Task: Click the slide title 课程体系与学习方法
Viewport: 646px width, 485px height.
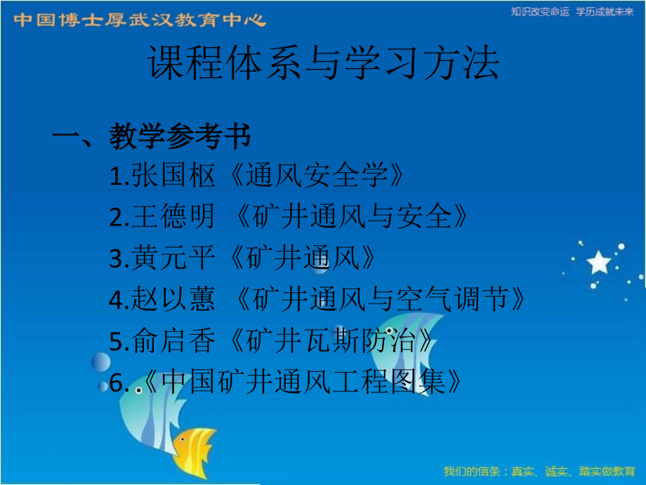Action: pyautogui.click(x=324, y=65)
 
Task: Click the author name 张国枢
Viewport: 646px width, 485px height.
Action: pyautogui.click(x=173, y=177)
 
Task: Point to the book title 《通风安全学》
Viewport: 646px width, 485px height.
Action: pyautogui.click(x=317, y=177)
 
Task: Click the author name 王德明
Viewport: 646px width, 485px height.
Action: pyautogui.click(x=173, y=218)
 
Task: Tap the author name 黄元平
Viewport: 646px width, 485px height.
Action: pyautogui.click(x=173, y=259)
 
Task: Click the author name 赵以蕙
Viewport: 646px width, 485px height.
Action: pyautogui.click(x=173, y=300)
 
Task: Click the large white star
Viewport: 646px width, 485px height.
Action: pyautogui.click(x=599, y=263)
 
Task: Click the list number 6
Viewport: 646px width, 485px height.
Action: pyautogui.click(x=116, y=382)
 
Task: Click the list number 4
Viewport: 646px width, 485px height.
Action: pyautogui.click(x=116, y=301)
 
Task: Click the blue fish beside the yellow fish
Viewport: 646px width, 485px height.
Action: pyautogui.click(x=151, y=415)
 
